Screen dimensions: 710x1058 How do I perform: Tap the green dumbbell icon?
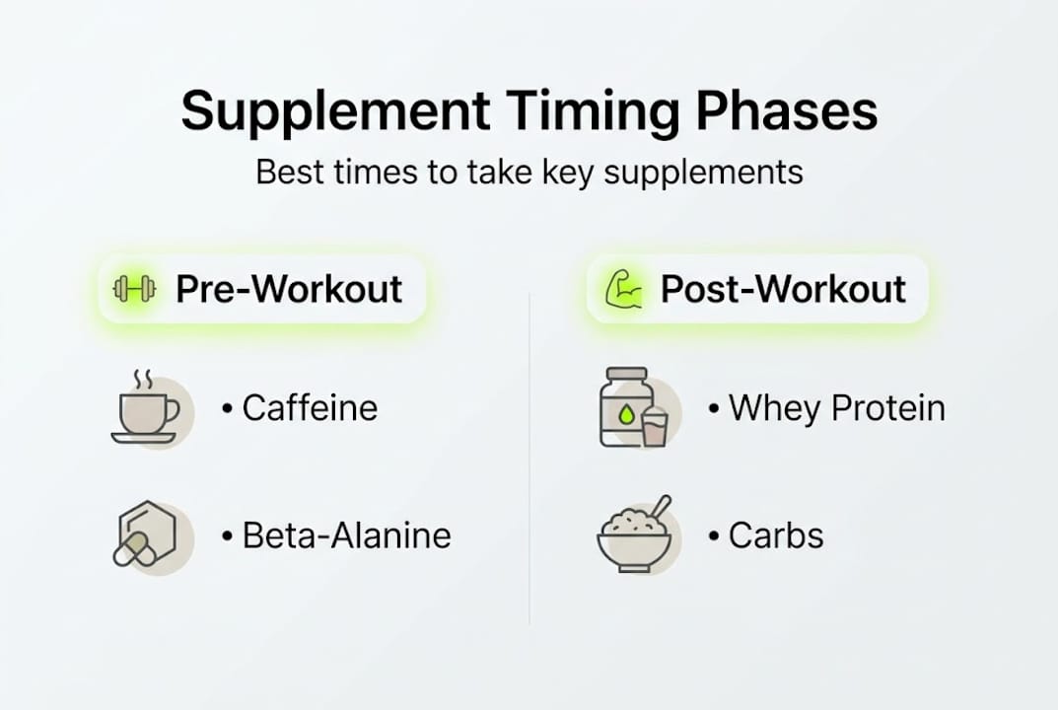135,289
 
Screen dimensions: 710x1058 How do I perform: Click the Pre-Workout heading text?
289,289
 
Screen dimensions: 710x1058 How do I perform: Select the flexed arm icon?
623,289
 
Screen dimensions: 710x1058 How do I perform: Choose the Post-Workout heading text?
783,289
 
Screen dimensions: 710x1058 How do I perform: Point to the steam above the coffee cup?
142,381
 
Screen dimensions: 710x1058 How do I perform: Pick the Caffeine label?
310,408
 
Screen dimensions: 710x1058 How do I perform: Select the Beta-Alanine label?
346,535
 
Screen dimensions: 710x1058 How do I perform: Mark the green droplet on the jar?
624,417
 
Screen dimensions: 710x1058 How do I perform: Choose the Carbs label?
775,535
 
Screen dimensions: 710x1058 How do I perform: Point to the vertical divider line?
529,463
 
